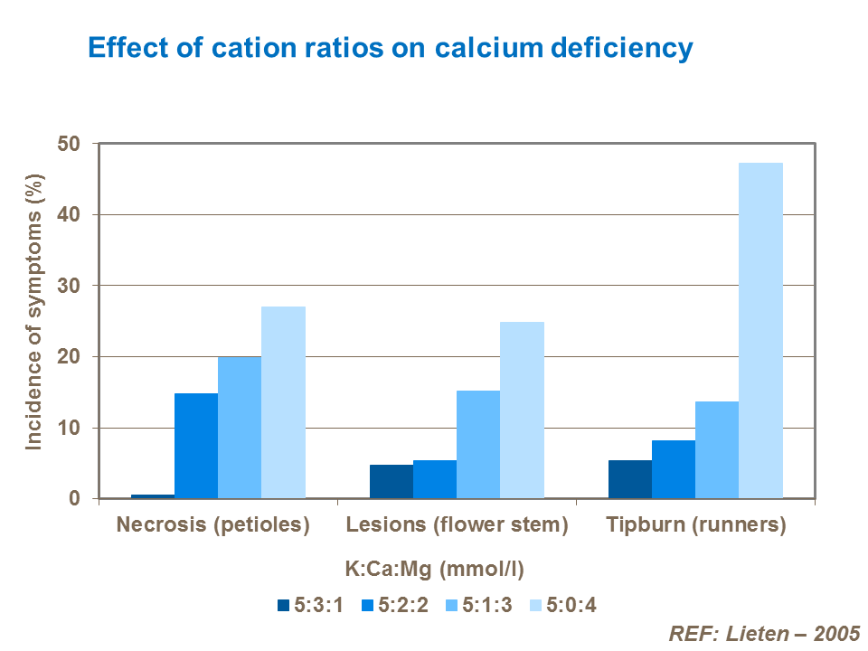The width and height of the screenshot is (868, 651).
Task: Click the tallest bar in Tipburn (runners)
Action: [x=760, y=331]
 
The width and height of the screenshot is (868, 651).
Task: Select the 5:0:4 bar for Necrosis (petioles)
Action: [x=283, y=402]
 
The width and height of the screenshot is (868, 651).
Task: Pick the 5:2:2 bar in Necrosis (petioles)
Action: [x=196, y=446]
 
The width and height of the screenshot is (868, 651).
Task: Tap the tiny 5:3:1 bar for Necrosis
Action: [x=153, y=495]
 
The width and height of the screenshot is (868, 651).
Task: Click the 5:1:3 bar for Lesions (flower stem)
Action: [x=478, y=444]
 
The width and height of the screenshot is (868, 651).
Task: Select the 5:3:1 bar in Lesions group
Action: [x=392, y=481]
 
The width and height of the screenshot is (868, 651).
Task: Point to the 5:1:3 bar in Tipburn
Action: [x=717, y=449]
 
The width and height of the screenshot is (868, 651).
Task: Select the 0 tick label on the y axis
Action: [x=75, y=499]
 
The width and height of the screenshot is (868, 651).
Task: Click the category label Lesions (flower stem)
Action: [x=458, y=525]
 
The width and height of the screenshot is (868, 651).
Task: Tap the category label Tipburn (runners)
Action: [x=696, y=525]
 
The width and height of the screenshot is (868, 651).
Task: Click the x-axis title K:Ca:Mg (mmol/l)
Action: [x=435, y=570]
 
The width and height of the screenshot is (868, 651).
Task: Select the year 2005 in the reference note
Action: [x=835, y=633]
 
